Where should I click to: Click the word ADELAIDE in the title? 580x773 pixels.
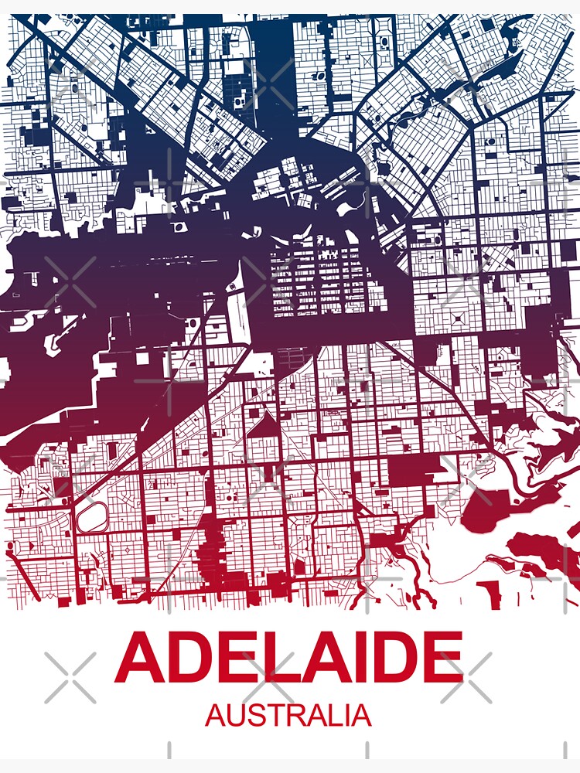(288, 657)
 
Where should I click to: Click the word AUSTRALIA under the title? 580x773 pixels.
(288, 715)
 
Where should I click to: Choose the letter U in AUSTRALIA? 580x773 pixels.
(235, 716)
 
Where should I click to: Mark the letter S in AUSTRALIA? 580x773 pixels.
(254, 716)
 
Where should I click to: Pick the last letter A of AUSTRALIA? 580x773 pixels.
(360, 716)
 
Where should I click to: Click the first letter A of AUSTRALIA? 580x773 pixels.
(216, 716)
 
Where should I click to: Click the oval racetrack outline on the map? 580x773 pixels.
(93, 516)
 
